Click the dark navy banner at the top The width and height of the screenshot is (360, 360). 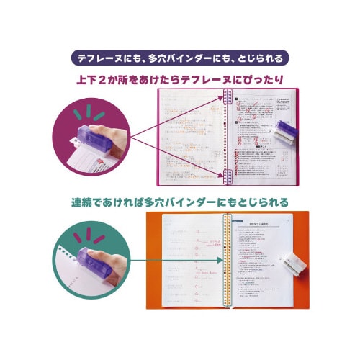coord(180,58)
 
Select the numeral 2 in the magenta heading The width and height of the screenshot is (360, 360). coord(118,79)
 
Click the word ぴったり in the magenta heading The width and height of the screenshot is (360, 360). coord(265,79)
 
